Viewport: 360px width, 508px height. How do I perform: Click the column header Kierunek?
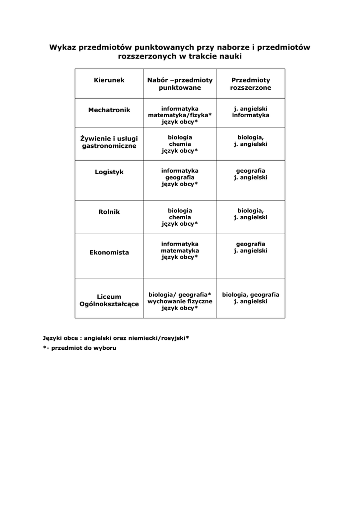point(109,80)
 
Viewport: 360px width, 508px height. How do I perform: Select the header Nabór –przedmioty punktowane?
point(180,84)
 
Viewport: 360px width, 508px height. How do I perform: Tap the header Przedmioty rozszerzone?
point(250,84)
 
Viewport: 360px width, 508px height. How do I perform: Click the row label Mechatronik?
point(109,110)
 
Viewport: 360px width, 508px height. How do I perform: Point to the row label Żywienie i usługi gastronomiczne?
point(109,142)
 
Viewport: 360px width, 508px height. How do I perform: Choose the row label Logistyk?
point(109,172)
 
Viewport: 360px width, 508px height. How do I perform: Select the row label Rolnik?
point(109,212)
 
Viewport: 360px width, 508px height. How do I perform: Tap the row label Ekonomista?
point(109,253)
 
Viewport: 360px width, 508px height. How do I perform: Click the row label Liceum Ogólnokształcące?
point(109,301)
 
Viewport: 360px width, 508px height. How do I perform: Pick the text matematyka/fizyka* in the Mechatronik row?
point(180,115)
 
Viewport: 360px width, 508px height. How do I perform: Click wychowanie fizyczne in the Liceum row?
point(180,301)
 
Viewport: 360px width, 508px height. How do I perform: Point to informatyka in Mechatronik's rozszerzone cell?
point(250,115)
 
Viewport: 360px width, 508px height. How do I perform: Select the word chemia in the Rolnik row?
point(180,217)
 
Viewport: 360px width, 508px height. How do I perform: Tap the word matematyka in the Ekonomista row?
point(180,251)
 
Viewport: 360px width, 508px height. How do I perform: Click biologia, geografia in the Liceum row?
point(250,295)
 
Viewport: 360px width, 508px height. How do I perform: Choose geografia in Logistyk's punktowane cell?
point(180,177)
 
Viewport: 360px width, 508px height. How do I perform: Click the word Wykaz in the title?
point(61,48)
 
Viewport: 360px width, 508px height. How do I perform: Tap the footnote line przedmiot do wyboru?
point(82,348)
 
